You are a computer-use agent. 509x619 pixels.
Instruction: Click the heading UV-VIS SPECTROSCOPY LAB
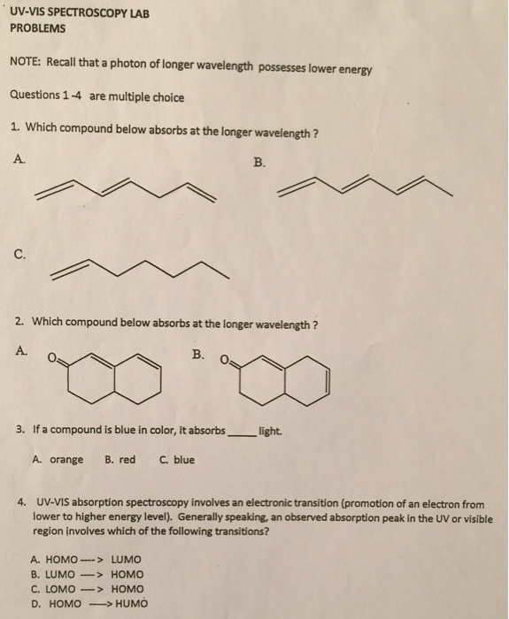pos(76,14)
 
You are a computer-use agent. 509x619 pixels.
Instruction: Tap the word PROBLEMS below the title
pos(38,30)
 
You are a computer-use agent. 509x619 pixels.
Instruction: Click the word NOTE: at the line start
pos(27,65)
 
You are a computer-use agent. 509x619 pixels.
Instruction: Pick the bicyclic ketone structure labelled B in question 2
pos(289,380)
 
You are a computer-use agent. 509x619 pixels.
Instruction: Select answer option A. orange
pos(58,460)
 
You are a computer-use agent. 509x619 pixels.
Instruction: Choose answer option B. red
pos(120,460)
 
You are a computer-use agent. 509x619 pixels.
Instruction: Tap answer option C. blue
pos(177,460)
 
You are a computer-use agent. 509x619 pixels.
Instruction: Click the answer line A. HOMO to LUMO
pos(85,559)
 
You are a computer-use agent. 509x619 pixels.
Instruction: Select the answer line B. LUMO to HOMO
pos(85,574)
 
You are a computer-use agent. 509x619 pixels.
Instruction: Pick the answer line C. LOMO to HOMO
pos(85,589)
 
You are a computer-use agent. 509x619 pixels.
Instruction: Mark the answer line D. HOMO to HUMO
pos(87,604)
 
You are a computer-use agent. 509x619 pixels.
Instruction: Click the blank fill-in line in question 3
pos(240,432)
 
